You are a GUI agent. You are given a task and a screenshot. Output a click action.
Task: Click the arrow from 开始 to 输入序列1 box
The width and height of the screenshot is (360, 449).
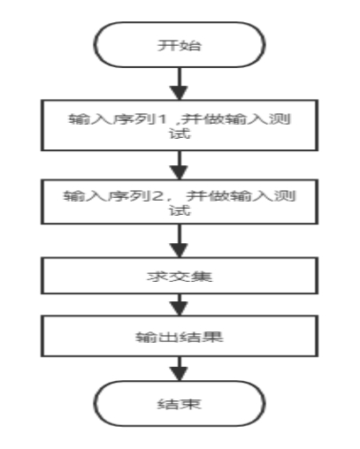180,84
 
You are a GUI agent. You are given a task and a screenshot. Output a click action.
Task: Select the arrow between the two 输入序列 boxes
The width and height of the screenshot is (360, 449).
180,165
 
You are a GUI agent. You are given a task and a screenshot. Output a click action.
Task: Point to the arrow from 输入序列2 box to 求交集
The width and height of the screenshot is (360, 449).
180,241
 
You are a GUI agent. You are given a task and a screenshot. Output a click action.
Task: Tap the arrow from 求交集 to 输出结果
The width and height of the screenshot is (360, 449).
180,305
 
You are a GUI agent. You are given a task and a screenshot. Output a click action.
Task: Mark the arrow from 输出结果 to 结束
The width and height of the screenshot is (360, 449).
180,369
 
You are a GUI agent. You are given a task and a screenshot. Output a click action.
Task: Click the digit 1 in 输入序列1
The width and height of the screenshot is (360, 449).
162,119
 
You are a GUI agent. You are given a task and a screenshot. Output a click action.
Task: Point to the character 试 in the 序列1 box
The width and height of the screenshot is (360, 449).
180,133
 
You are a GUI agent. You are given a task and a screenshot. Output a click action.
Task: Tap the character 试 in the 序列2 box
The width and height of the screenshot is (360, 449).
180,210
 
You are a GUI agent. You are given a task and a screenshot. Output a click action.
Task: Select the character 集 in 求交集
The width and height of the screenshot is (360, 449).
202,277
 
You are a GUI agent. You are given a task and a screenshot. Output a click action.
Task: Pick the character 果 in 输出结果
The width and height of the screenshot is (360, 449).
212,337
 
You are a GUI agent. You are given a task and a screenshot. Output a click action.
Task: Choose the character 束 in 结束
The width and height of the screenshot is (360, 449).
190,404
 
